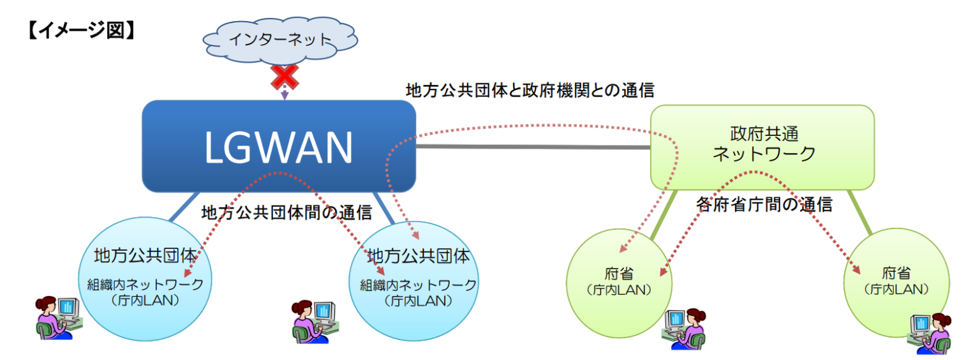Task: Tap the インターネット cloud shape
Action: point(281,40)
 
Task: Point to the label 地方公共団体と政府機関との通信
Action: point(530,91)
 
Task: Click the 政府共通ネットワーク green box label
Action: point(763,144)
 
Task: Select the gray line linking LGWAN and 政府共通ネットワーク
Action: point(533,147)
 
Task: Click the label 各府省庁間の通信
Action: point(764,205)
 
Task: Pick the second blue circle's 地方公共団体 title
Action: point(419,256)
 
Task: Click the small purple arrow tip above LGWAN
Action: point(285,96)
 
